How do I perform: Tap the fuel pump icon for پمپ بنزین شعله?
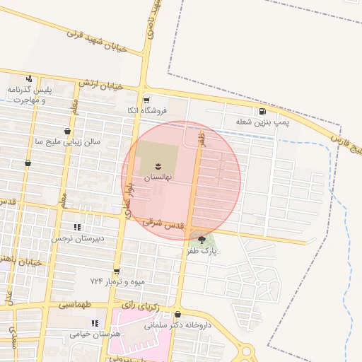point(263,111)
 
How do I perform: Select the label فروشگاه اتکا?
point(146,111)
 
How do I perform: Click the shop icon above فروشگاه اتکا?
point(146,100)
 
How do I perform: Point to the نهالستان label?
point(158,179)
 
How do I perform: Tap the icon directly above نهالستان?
point(158,166)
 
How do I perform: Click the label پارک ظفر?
point(203,251)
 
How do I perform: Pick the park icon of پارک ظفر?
point(202,239)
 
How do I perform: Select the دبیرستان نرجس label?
point(77,238)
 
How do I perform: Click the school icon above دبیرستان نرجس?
point(77,227)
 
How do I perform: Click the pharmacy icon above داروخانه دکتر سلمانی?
point(177,315)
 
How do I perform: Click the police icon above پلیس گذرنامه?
point(29,78)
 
